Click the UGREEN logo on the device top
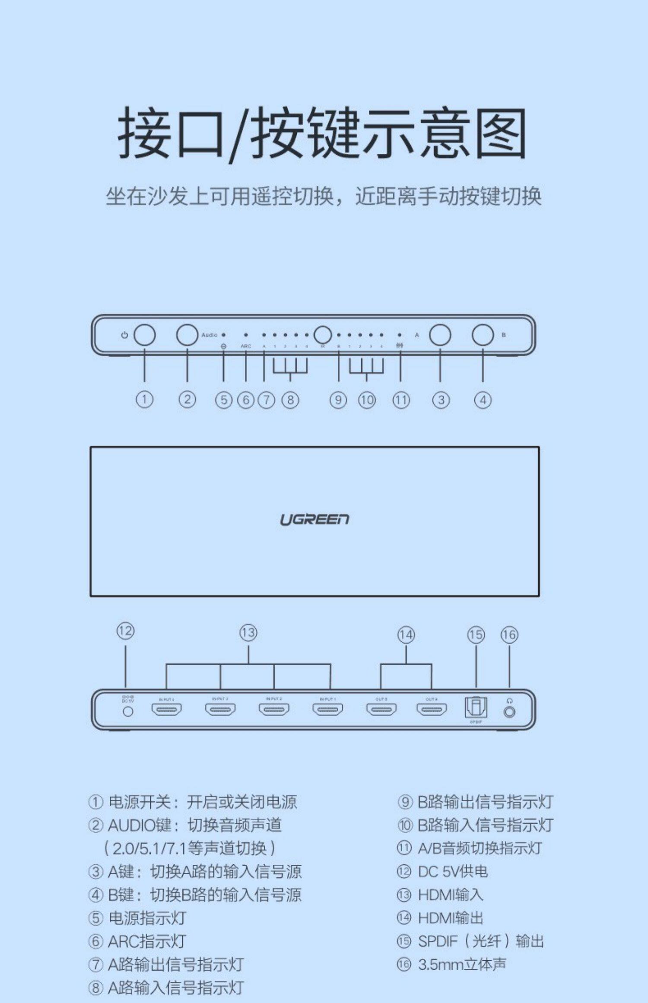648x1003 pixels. (314, 519)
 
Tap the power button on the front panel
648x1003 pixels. (144, 335)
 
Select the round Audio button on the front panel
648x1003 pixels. (187, 335)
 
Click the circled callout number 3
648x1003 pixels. (441, 400)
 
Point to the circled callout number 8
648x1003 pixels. (290, 400)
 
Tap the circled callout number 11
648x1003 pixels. (401, 400)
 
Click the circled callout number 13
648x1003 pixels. (248, 633)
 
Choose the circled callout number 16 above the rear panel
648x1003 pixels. (509, 635)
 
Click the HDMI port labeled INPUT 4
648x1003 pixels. (166, 709)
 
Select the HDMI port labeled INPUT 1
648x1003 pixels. (328, 709)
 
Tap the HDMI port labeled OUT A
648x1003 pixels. (432, 709)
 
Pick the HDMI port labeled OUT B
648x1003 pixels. (381, 709)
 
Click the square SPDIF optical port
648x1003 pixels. (476, 708)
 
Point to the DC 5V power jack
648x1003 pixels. (128, 711)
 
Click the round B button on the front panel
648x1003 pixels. (483, 335)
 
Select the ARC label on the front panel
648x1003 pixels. (246, 346)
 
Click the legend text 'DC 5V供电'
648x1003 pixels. (452, 871)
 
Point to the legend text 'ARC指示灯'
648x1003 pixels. (147, 941)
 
